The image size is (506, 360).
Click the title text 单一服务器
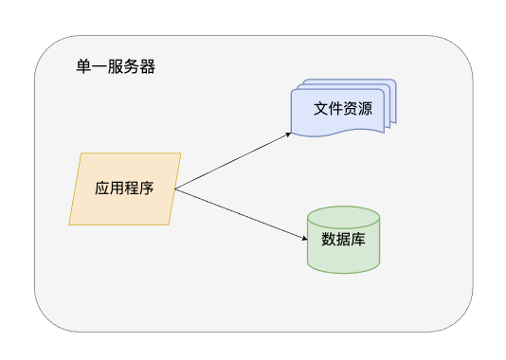(116, 67)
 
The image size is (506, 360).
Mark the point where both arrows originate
(175, 189)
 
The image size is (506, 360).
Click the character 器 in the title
(148, 67)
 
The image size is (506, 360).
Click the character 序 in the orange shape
(147, 188)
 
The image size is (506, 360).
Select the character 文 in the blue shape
(321, 109)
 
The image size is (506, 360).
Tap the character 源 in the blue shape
(366, 109)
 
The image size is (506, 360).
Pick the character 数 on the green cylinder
(329, 239)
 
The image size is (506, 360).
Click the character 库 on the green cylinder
(359, 239)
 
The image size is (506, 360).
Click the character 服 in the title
(117, 67)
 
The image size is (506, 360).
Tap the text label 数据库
(344, 239)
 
